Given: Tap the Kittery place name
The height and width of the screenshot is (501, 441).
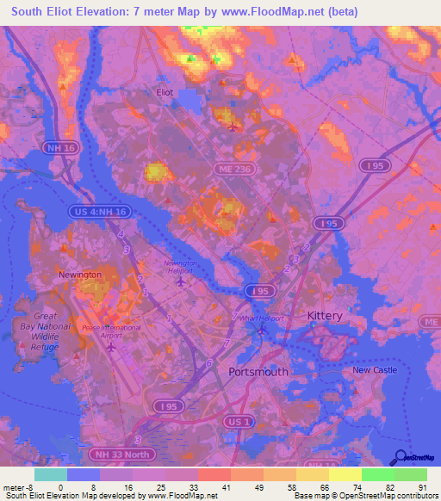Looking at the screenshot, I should (326, 316).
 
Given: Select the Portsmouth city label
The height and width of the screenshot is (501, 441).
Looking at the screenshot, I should (259, 372).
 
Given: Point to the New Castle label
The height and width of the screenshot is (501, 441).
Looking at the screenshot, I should (374, 370).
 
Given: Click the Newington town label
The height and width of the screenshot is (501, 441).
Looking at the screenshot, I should (80, 275).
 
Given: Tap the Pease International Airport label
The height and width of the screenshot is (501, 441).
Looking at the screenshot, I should (111, 332).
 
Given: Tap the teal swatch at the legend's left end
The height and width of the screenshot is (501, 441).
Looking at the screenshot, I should (50, 474).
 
